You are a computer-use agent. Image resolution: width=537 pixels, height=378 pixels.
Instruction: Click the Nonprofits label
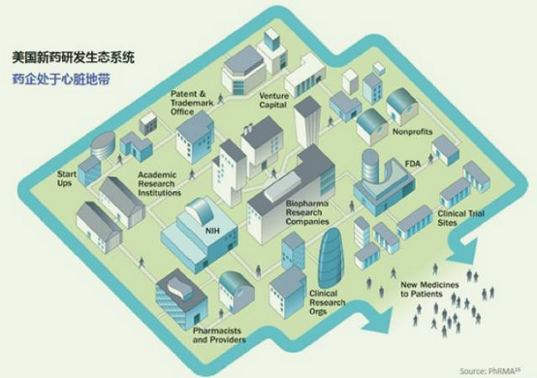412,130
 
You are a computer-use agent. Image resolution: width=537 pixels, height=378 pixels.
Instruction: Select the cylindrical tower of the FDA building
373,169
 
